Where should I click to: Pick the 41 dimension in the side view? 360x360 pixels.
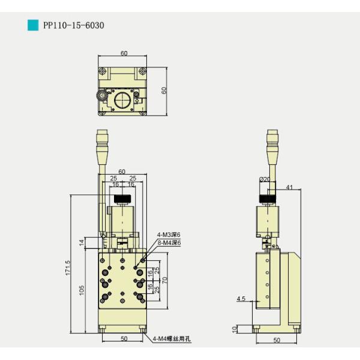289,188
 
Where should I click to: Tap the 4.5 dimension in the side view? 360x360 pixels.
241,298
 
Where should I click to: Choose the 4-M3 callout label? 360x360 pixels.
169,235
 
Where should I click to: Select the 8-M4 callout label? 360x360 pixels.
169,242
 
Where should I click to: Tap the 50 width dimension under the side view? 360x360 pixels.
277,340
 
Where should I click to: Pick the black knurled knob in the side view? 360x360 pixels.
268,200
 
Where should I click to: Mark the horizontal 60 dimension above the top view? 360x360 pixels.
124,53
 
